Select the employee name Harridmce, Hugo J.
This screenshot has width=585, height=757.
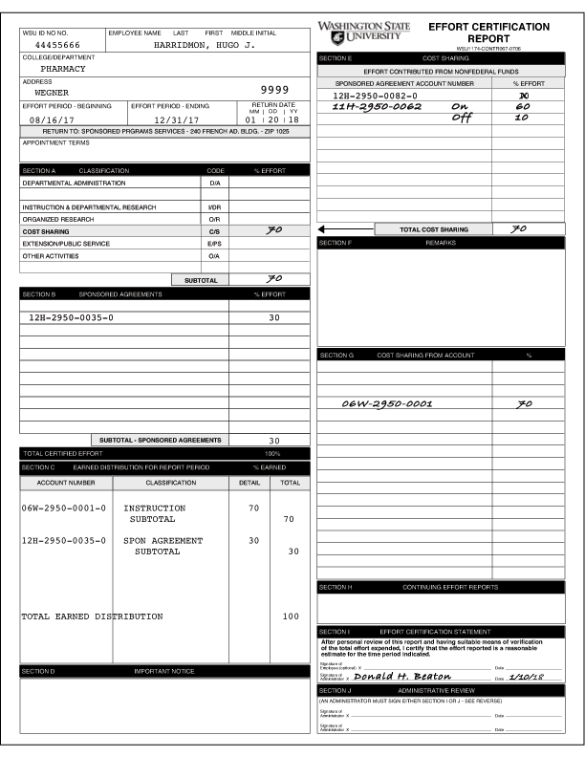click(x=204, y=45)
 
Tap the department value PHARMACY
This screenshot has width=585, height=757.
click(x=63, y=69)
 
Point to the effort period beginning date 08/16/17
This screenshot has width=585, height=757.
click(x=50, y=119)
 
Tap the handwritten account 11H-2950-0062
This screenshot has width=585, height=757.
click(x=377, y=106)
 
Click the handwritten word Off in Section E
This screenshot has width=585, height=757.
click(x=462, y=118)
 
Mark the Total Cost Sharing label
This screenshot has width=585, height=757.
click(x=433, y=229)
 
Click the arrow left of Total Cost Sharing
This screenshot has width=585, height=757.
click(x=322, y=229)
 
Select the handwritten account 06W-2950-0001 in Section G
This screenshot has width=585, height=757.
click(x=387, y=404)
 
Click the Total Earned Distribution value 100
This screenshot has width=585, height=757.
click(x=290, y=616)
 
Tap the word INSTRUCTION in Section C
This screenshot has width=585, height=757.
click(x=154, y=508)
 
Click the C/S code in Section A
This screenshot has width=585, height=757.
click(x=214, y=231)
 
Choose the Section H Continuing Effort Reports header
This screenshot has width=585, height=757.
click(x=449, y=587)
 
